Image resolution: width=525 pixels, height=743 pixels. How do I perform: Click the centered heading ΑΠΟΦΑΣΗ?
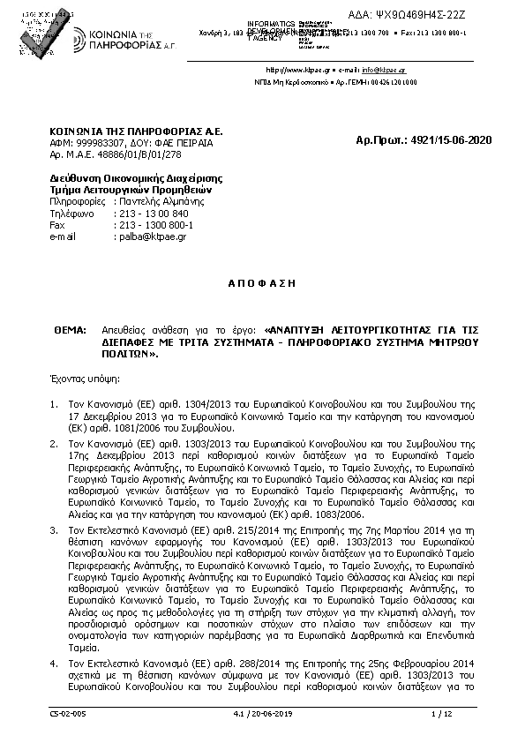tap(262, 283)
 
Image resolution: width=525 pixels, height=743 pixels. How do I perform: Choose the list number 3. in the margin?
tap(55, 527)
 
